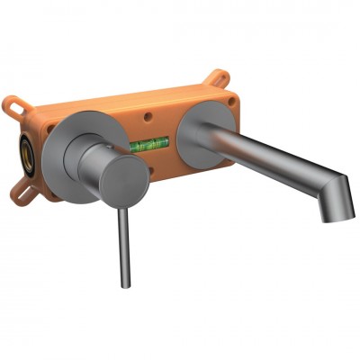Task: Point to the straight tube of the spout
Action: pos(261,158)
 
